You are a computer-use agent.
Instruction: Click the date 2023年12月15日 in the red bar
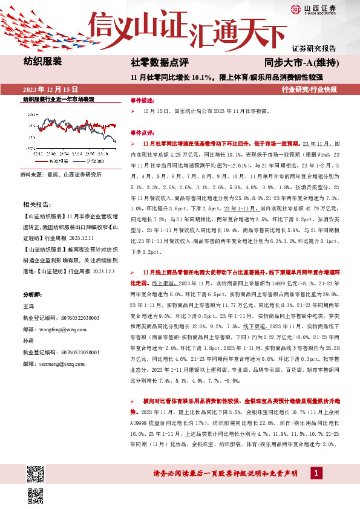pyautogui.click(x=50, y=89)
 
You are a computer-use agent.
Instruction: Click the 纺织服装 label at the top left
pyautogui.click(x=42, y=61)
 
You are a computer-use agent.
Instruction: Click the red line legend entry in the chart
pyautogui.click(x=56, y=161)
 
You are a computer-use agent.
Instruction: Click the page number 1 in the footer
pyautogui.click(x=316, y=472)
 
